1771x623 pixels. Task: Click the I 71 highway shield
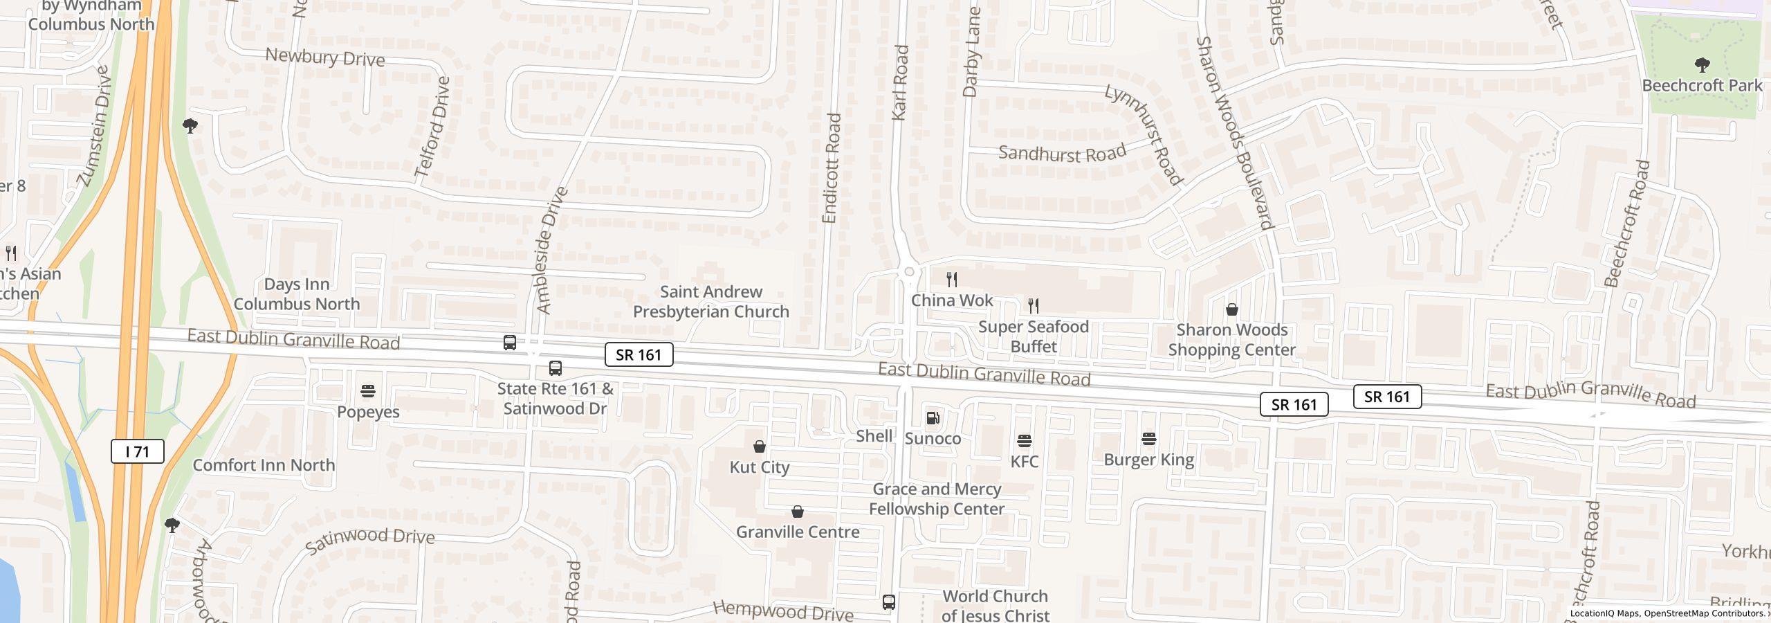click(138, 452)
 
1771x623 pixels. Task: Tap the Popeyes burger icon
click(368, 392)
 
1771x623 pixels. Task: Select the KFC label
click(1025, 461)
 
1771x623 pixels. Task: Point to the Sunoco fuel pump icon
click(933, 418)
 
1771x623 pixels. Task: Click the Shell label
click(874, 436)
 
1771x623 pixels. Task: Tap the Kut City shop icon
click(760, 447)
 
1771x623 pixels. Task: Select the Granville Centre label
click(798, 532)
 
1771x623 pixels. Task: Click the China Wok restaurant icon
click(952, 280)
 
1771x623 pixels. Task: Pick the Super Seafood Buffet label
click(1034, 336)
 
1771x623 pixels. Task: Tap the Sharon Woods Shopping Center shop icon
click(1232, 309)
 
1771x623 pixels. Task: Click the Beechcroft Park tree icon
click(1703, 65)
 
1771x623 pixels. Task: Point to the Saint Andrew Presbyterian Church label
click(711, 302)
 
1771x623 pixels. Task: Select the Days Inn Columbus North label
click(297, 294)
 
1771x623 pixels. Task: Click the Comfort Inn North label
click(264, 465)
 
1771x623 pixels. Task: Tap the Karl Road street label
click(900, 83)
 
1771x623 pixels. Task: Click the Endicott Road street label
click(831, 168)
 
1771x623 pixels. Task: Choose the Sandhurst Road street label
click(1062, 153)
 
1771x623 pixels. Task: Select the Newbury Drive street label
click(325, 57)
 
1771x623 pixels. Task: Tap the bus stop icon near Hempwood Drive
click(889, 602)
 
